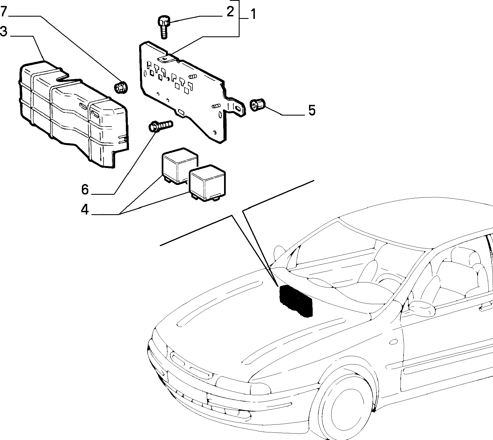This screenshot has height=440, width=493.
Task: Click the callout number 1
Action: pyautogui.click(x=253, y=14)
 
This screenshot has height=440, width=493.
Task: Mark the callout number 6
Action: pyautogui.click(x=85, y=189)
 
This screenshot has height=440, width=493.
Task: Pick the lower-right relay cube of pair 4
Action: pyautogui.click(x=207, y=185)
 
